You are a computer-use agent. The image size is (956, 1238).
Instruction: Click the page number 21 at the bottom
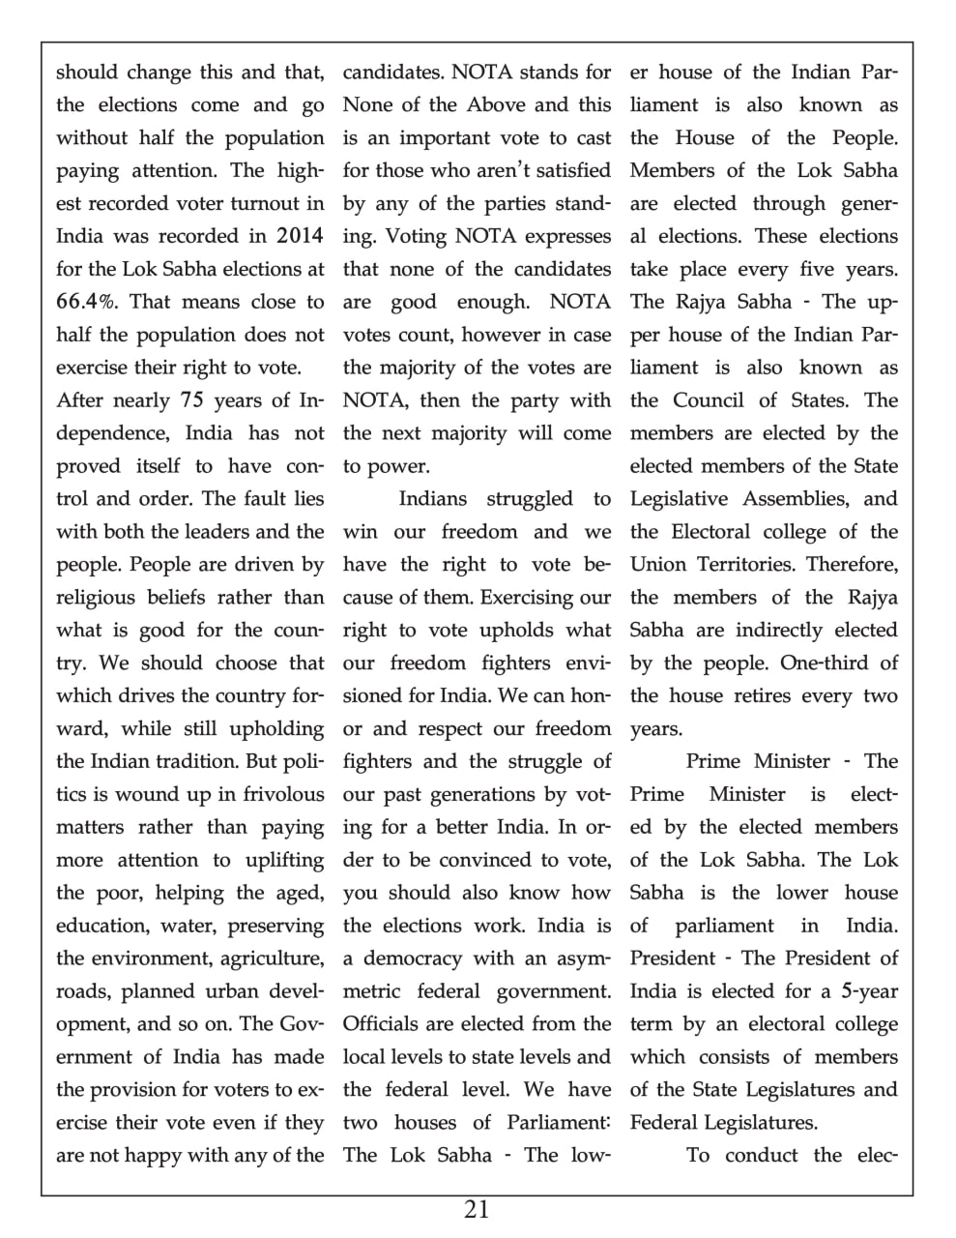point(477,1209)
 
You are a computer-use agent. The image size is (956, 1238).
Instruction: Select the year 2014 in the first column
point(300,236)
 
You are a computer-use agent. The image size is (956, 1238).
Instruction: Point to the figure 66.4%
point(88,302)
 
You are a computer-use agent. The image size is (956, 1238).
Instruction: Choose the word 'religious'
point(101,598)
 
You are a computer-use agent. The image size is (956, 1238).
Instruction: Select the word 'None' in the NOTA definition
point(369,104)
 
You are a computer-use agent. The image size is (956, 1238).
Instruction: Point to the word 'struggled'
point(530,499)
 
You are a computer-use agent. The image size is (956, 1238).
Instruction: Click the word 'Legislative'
point(681,499)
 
